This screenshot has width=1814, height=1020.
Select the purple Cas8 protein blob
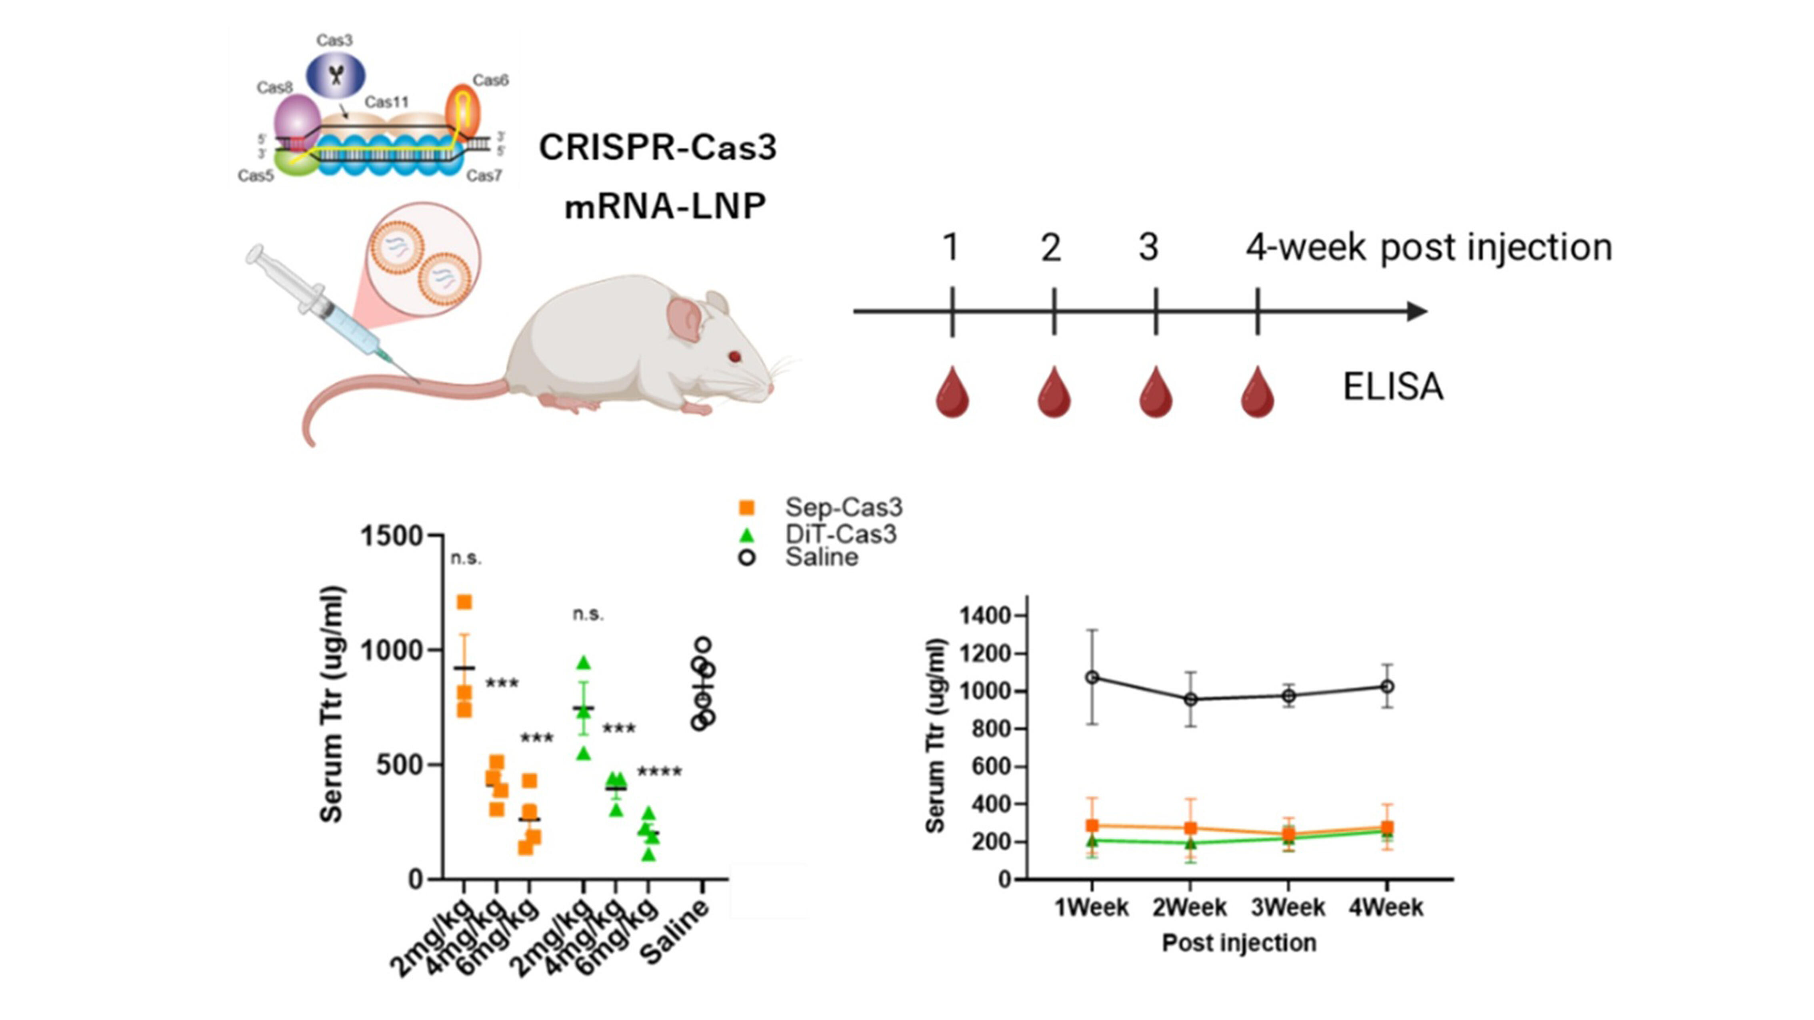click(296, 120)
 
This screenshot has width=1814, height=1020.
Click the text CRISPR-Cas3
click(657, 148)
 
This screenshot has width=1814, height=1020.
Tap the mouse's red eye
click(734, 357)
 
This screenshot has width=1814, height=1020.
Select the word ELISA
click(1392, 387)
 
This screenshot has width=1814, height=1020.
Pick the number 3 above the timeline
click(1148, 248)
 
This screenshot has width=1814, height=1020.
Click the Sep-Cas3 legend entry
click(842, 507)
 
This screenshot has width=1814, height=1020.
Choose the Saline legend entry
click(821, 557)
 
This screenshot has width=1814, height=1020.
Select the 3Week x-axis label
click(1288, 908)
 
